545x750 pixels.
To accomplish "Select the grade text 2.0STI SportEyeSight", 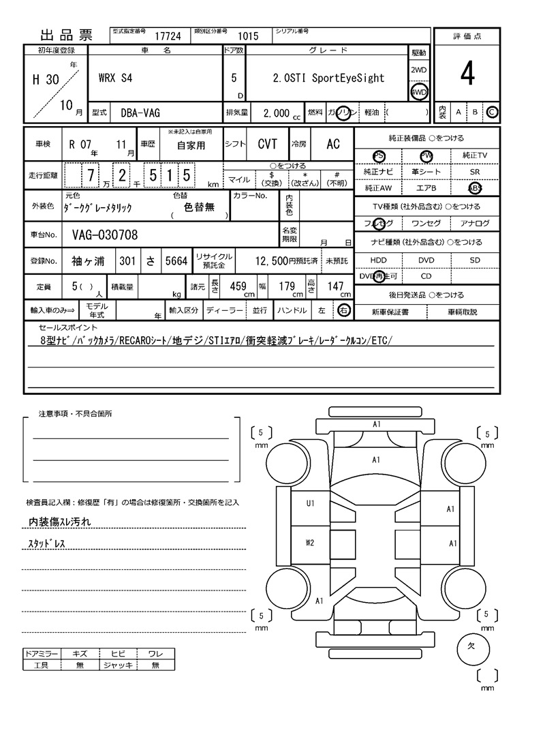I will coord(324,78).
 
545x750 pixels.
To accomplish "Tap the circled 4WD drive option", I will coord(418,92).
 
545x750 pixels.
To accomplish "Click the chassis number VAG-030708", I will coord(105,235).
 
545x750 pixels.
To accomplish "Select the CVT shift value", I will coord(267,144).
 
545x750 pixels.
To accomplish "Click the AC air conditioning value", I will coord(333,144).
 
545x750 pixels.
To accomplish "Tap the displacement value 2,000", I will coord(276,113).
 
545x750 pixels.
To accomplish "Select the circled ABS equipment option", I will coord(474,188).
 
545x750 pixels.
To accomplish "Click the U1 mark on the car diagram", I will coord(310,504).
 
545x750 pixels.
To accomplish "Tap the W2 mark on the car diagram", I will coord(310,543).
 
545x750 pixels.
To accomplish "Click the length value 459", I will coord(238,286).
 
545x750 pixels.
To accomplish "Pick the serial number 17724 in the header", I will coord(168,37).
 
